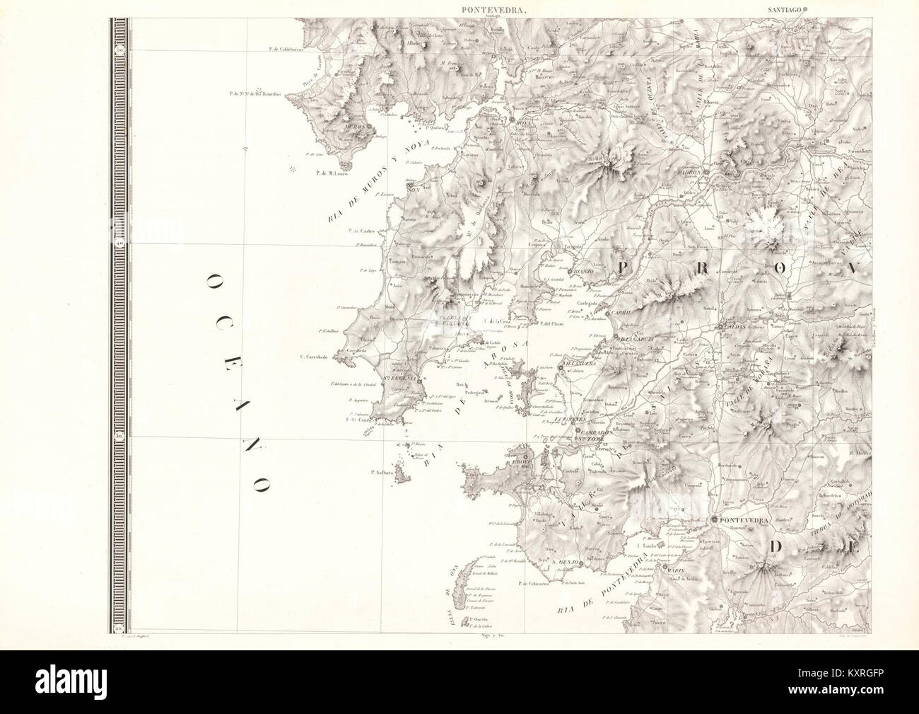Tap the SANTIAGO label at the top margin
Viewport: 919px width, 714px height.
pos(785,10)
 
